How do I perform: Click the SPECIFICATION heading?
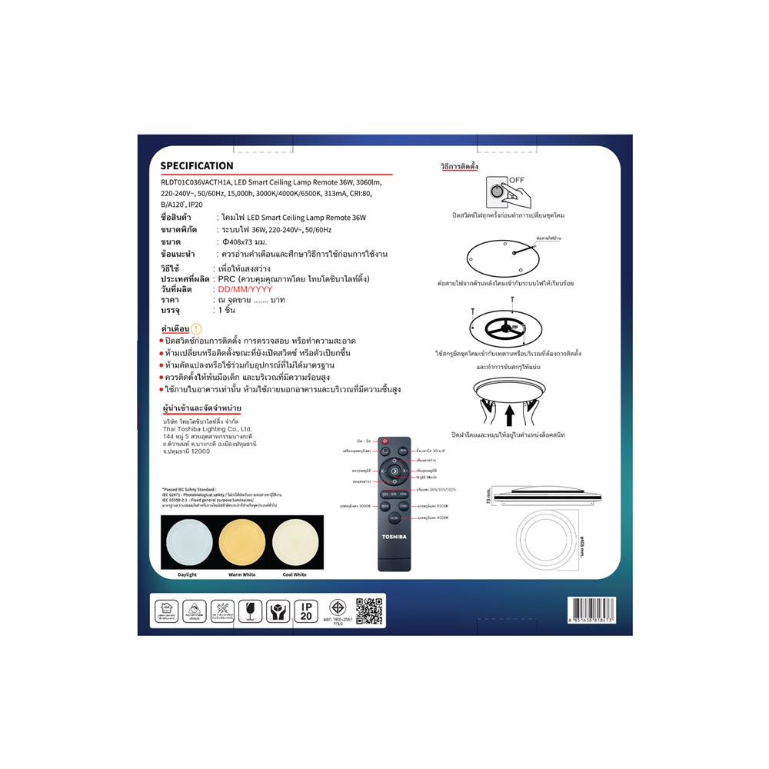tap(196, 165)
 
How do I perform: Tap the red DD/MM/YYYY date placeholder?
tap(241, 289)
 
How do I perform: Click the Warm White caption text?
tap(241, 574)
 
